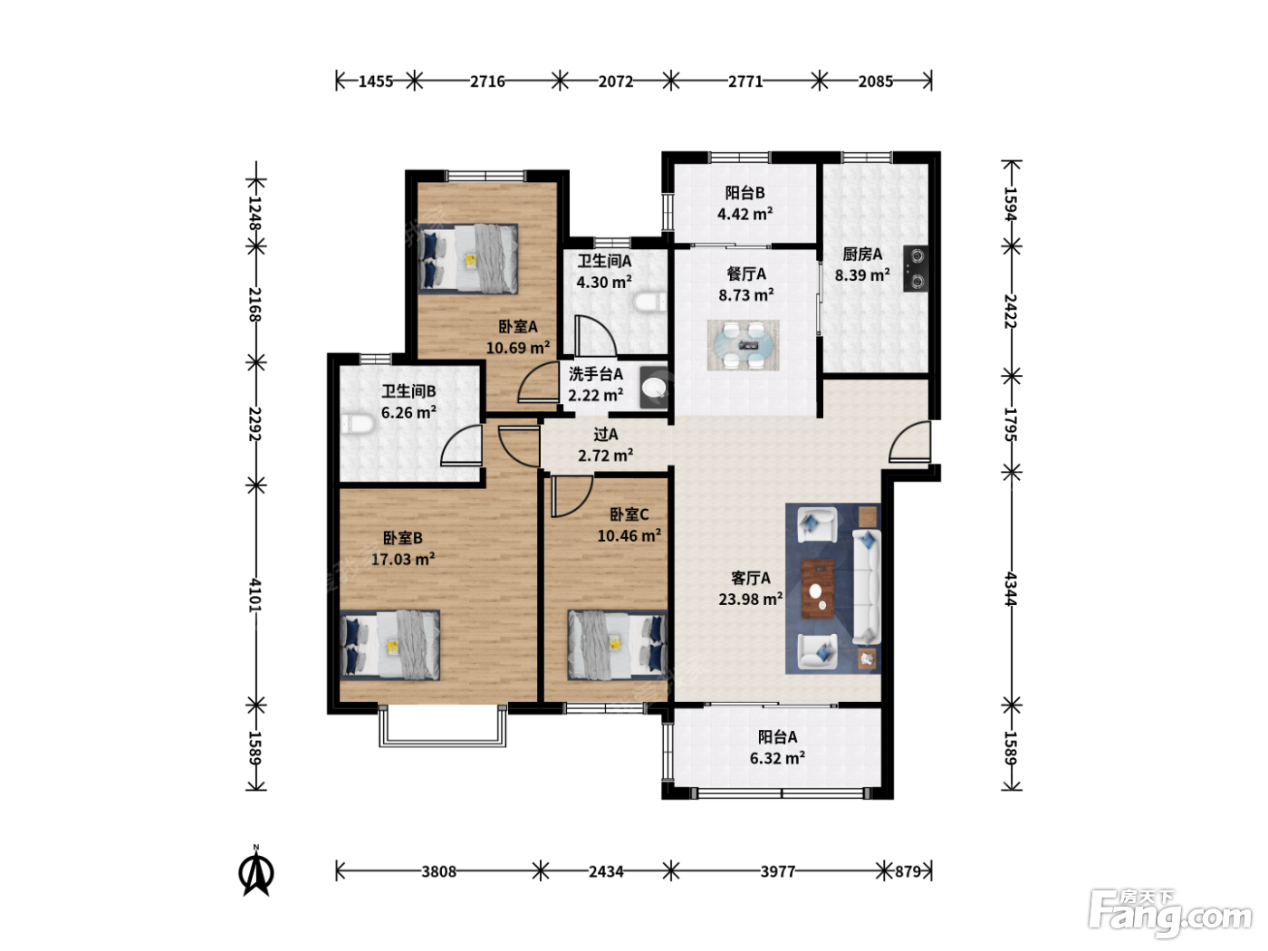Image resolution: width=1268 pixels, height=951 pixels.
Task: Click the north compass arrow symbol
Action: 256,871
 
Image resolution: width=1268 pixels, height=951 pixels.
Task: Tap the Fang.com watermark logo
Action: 1169,912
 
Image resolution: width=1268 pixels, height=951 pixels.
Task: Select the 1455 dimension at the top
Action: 376,82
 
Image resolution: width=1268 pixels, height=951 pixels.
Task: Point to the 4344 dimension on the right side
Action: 1011,589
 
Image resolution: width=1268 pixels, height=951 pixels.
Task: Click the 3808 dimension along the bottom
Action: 438,871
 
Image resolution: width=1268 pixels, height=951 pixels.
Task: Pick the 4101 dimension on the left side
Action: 255,595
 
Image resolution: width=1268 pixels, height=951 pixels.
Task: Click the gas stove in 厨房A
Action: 917,268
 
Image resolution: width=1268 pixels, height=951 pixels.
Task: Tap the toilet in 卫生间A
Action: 649,302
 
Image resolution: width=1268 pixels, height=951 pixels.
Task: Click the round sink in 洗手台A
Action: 654,387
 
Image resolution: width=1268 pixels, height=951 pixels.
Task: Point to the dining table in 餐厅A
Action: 743,345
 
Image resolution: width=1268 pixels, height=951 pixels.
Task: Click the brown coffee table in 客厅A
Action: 818,589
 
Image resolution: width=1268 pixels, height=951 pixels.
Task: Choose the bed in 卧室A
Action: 468,259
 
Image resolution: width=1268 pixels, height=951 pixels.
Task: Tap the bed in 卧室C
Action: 618,645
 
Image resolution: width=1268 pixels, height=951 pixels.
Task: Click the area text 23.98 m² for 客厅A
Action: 751,599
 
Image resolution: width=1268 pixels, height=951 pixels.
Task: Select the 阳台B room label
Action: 744,192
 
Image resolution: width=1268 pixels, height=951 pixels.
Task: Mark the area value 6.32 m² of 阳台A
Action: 777,757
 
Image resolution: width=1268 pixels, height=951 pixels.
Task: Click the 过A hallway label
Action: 605,434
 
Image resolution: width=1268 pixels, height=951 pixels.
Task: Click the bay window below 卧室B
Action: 443,725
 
